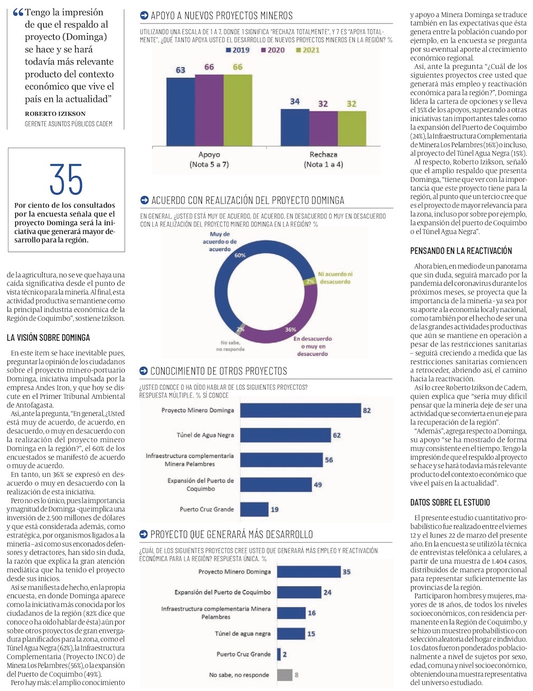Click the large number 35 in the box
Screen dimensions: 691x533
66,180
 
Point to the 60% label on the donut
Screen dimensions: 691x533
240,255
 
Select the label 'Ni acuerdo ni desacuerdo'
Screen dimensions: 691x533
335,277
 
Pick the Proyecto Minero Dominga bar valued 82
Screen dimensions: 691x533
300,410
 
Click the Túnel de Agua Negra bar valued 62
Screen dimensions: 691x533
285,435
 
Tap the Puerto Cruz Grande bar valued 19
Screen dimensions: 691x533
254,509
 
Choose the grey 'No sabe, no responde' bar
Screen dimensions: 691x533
285,674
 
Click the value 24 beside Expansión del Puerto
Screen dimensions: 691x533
327,592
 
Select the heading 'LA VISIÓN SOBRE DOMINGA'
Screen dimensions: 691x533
49,338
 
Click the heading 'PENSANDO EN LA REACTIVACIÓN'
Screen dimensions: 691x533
461,251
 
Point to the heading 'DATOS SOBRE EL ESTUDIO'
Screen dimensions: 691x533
450,502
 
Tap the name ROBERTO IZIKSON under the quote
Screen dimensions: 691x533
55,114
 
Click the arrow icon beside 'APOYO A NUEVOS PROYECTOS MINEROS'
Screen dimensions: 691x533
144,16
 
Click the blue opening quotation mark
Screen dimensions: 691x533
18,13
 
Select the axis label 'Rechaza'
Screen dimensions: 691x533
323,155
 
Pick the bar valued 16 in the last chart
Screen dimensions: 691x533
290,613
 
